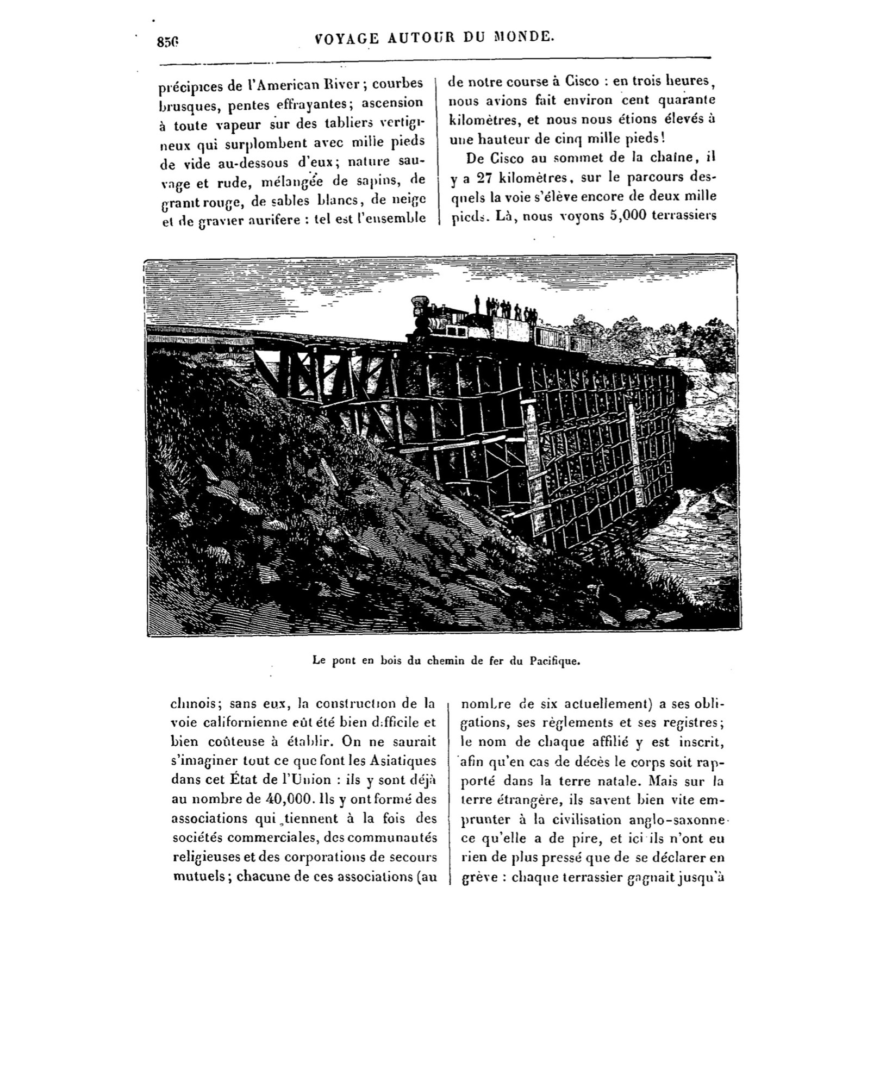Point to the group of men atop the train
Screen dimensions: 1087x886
click(x=506, y=308)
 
